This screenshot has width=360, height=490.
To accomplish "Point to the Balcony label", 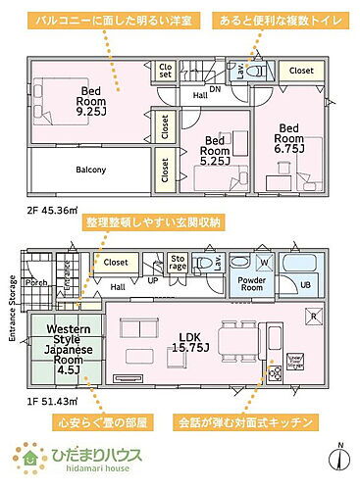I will pyautogui.click(x=91, y=170).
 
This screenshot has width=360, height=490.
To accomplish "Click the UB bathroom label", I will pyautogui.click(x=306, y=284).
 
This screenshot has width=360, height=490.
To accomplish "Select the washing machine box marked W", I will pyautogui.click(x=264, y=262).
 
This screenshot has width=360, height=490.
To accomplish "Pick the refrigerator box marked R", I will pyautogui.click(x=313, y=317).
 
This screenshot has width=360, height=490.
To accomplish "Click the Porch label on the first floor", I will pyautogui.click(x=35, y=284).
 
